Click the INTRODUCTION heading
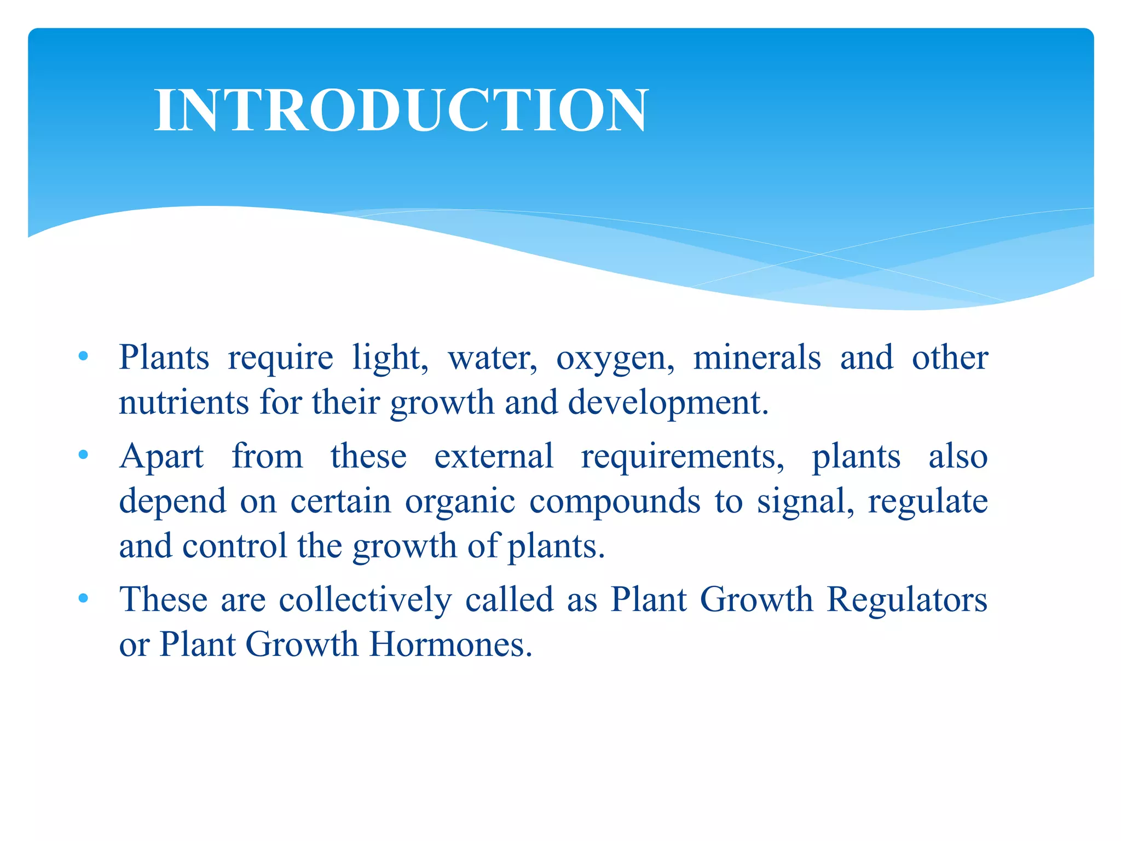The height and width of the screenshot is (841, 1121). click(401, 110)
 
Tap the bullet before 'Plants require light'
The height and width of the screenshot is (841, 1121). click(83, 357)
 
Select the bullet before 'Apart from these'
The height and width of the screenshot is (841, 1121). click(83, 455)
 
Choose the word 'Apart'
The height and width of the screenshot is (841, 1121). click(161, 457)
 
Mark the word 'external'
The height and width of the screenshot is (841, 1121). click(494, 456)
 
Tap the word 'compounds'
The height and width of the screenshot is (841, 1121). click(615, 502)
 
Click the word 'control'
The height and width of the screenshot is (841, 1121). click(234, 546)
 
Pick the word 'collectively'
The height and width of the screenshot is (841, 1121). click(365, 599)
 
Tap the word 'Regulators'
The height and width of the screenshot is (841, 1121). click(906, 600)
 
